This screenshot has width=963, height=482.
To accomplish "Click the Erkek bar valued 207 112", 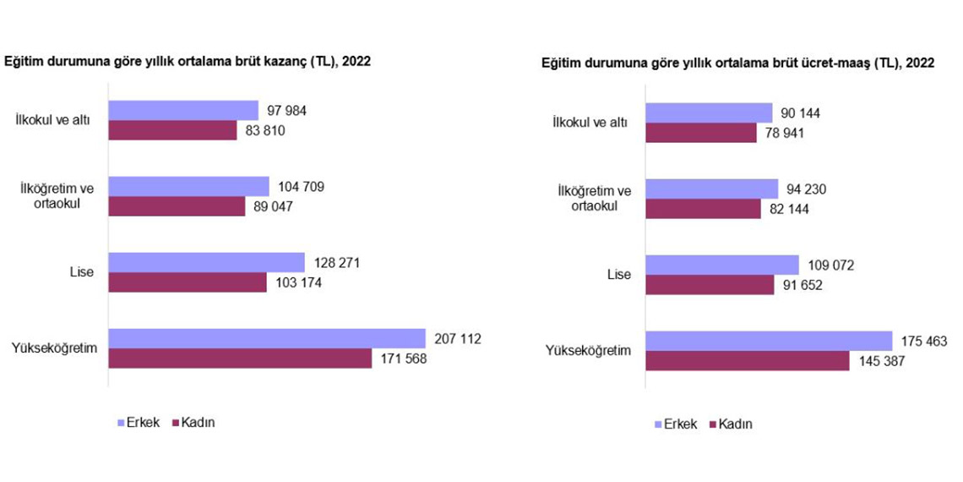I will (267, 338).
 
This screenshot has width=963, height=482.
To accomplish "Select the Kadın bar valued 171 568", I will (240, 359).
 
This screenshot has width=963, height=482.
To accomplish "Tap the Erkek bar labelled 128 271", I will (206, 262).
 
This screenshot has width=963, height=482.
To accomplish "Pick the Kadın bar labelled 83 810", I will (173, 130).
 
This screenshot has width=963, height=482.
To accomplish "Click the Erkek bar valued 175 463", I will (769, 341).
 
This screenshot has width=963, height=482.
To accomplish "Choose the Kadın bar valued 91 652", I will (710, 285).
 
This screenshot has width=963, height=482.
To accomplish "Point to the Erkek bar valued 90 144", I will (709, 113).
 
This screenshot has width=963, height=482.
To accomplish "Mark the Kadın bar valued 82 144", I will (703, 209).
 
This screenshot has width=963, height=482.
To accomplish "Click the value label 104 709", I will (300, 186).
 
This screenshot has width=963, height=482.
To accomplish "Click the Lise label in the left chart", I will (83, 272).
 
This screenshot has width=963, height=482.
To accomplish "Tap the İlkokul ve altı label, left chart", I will (55, 120).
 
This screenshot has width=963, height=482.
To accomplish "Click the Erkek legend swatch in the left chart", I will (120, 422).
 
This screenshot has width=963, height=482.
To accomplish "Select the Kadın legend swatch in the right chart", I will (711, 424).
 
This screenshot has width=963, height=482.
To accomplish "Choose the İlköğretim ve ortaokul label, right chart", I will (596, 198).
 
